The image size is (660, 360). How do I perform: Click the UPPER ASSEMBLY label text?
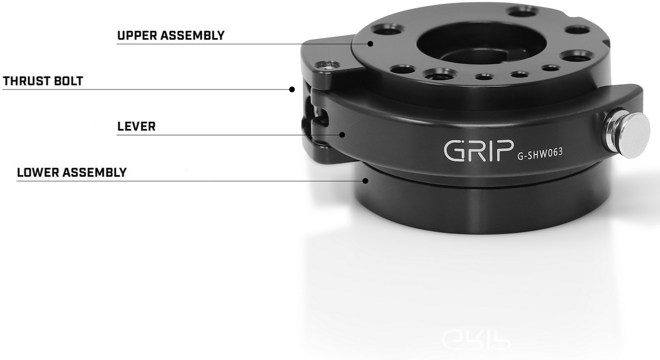[171, 36]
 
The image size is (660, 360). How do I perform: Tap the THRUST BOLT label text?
[43, 81]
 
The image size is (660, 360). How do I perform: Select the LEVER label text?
[136, 126]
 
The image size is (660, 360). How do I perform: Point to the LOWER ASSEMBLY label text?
[72, 172]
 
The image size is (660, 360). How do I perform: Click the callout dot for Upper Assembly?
[370, 44]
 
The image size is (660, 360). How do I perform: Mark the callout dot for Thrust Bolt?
[292, 89]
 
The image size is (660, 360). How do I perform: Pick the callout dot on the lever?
[342, 135]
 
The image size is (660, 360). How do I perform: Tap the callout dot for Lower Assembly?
[365, 181]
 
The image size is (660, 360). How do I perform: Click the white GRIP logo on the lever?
[479, 150]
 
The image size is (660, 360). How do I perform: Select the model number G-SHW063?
[540, 154]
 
